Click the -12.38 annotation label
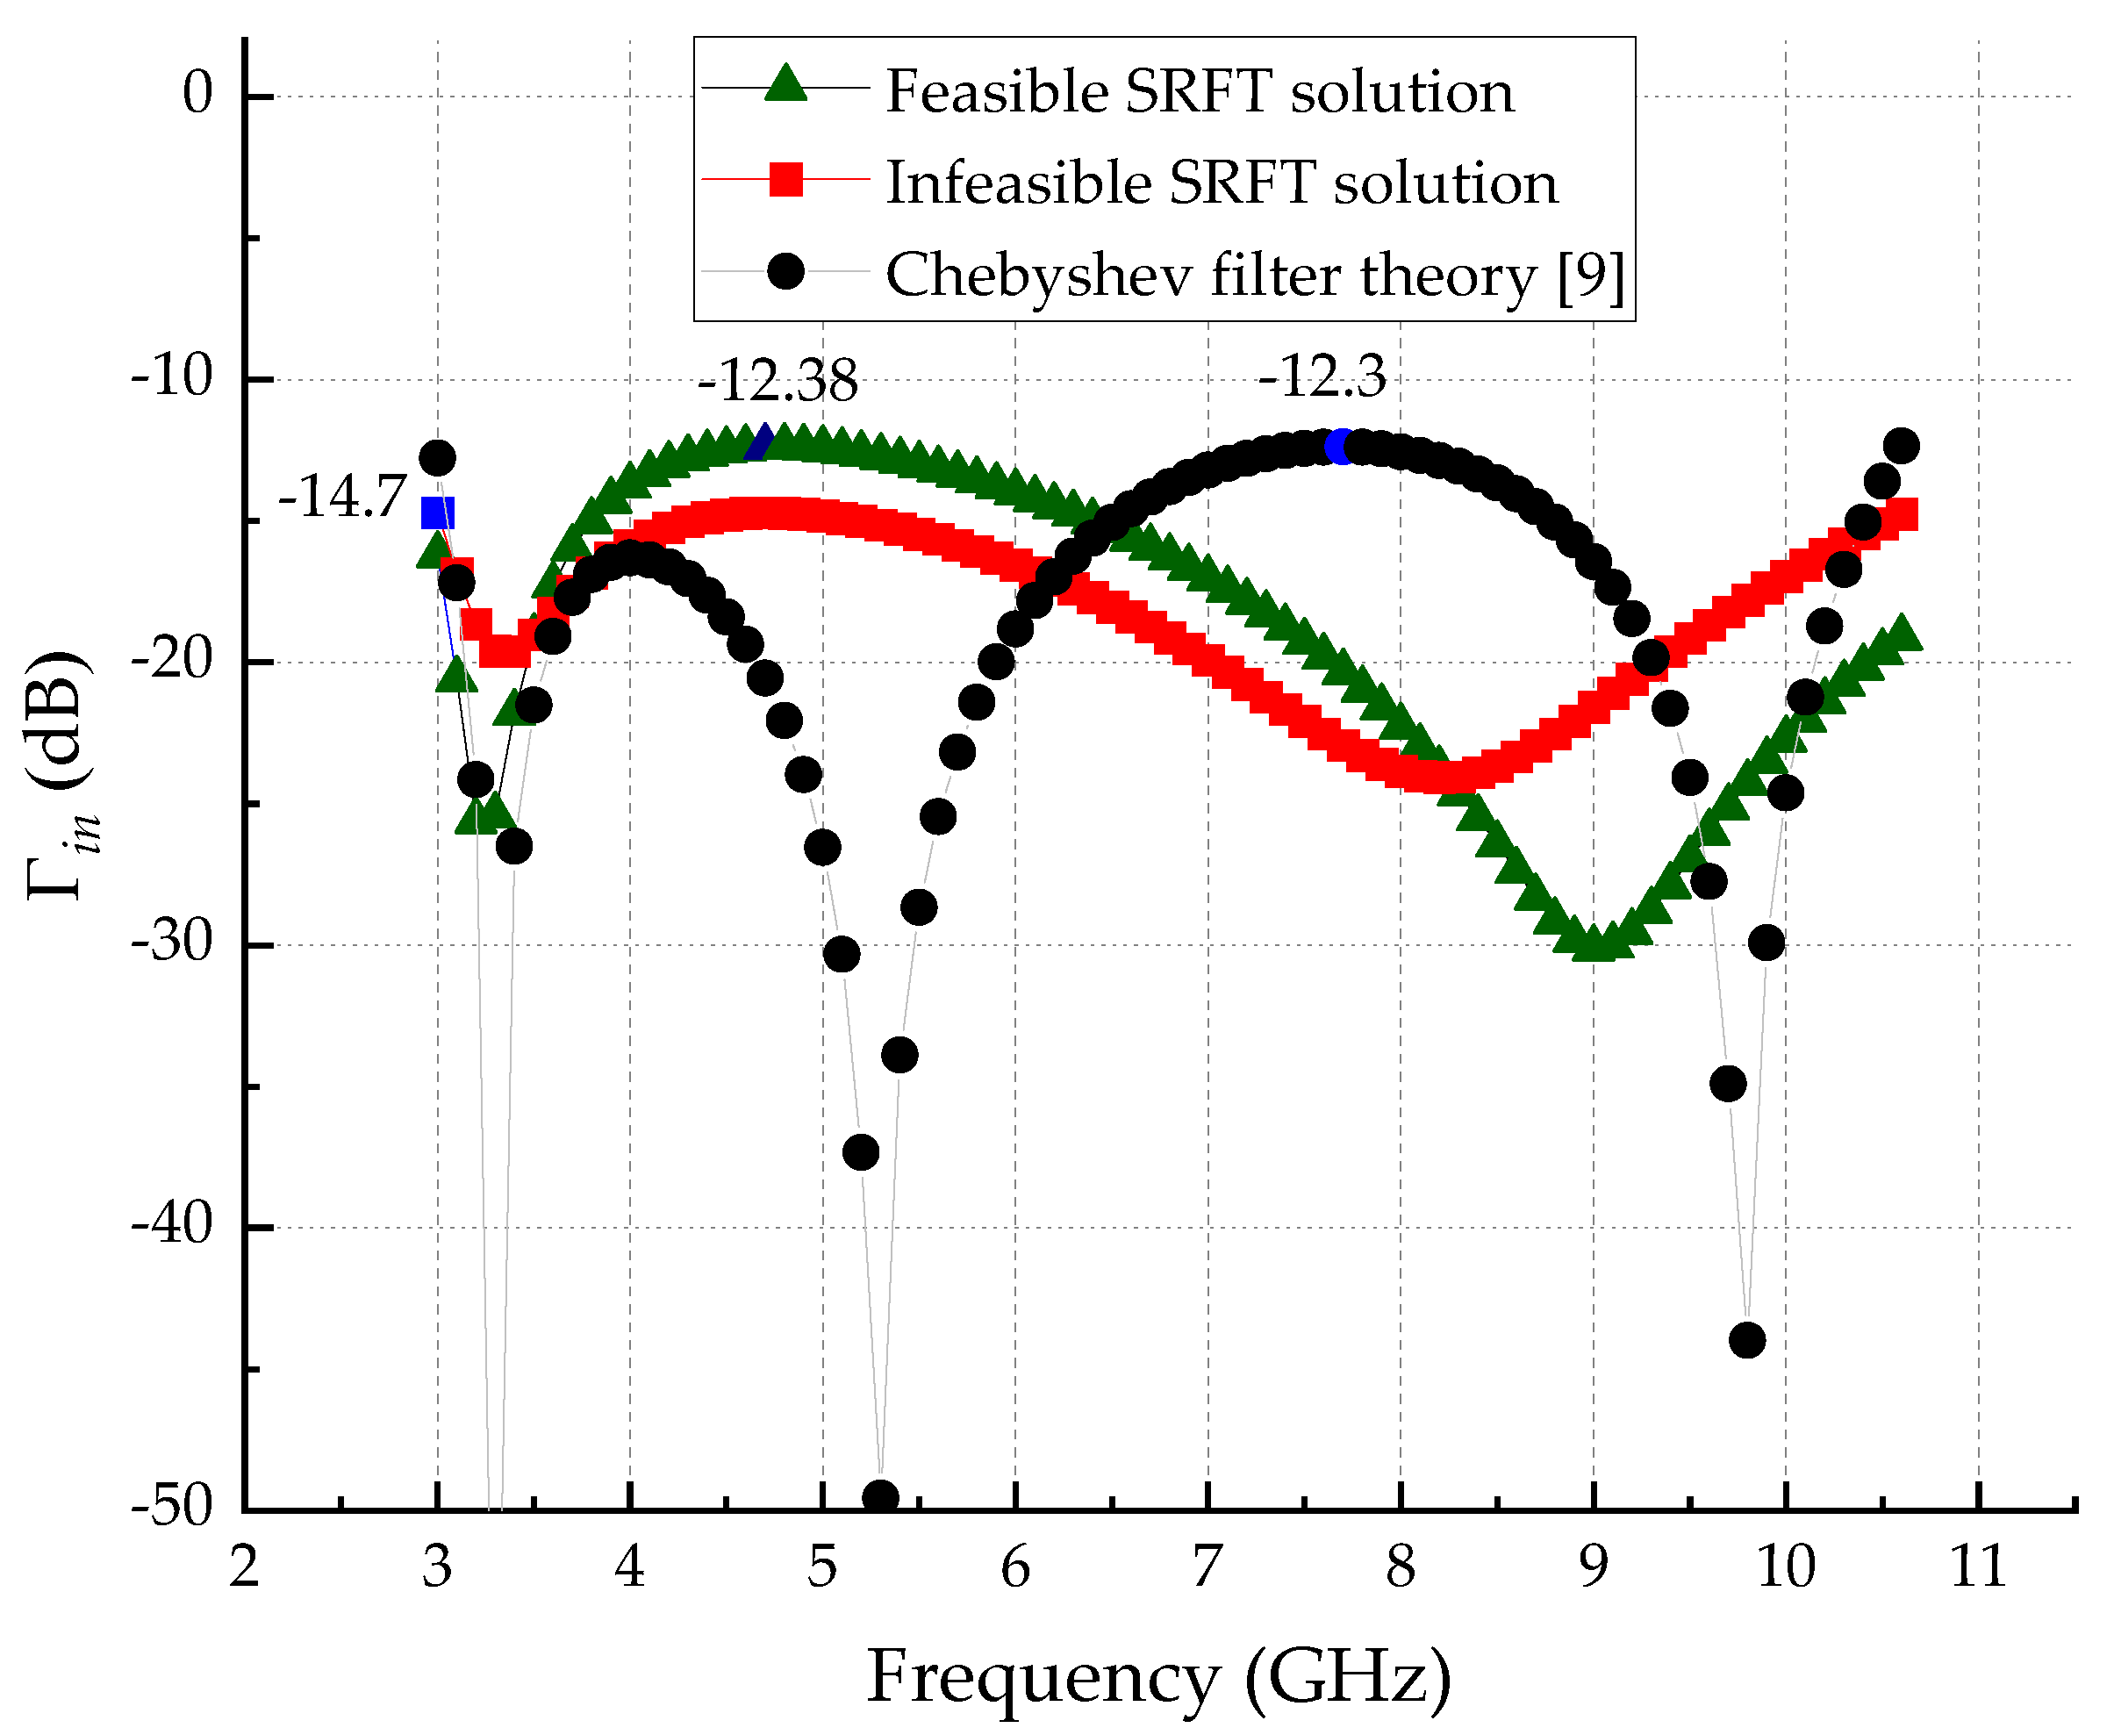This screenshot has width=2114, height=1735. point(778,381)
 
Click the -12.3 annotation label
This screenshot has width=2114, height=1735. point(1322,376)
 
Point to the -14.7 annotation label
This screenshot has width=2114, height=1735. point(342,497)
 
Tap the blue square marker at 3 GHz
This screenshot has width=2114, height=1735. point(438,513)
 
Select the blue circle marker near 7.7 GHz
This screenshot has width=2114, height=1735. point(1342,447)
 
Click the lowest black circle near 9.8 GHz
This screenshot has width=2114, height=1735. point(1746,1340)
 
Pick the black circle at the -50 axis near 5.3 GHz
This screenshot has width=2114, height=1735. point(879,1497)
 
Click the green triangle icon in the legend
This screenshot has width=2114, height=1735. point(785,84)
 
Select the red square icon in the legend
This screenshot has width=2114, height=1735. point(785,180)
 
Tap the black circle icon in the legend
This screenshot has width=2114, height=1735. point(785,271)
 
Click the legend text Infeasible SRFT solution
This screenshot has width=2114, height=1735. point(1222,183)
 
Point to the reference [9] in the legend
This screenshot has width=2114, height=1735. point(1590,276)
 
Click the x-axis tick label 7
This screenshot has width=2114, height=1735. point(1207,1567)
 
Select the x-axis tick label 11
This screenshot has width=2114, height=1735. point(1977,1567)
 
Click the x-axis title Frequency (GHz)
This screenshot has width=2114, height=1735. point(1157,1676)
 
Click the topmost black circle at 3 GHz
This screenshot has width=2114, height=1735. point(437,459)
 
